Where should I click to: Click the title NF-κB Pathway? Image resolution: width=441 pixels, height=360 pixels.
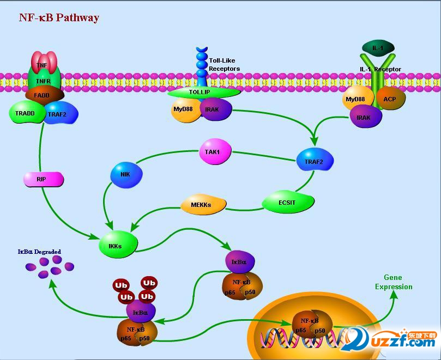59,17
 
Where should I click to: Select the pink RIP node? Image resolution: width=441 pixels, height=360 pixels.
43,178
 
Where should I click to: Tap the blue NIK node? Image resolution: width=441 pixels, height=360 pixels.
126,175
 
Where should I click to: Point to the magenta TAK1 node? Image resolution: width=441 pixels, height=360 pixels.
215,152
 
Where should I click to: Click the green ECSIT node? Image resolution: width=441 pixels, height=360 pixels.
288,203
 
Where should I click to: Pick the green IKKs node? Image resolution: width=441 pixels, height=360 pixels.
117,246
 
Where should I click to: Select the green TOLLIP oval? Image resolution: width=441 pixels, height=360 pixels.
203,93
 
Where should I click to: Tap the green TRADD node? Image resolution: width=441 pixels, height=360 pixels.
25,113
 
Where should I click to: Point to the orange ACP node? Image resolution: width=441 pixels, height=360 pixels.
389,99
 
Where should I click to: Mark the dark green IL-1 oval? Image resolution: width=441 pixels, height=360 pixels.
378,48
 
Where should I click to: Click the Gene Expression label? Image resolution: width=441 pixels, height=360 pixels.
394,282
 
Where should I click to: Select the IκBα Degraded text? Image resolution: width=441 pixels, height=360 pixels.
39,252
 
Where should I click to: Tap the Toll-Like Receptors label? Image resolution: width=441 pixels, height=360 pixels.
224,65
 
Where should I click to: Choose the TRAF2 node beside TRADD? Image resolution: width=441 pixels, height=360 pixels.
61,113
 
